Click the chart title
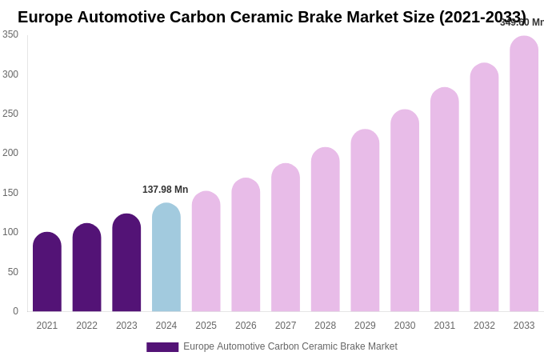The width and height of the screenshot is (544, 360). point(272,17)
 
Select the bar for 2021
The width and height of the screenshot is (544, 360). point(47,272)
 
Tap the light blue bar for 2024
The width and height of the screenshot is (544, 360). point(166,258)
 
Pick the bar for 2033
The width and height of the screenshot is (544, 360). point(524,174)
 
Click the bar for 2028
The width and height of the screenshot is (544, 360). point(326,230)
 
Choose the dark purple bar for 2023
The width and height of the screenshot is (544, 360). point(126,262)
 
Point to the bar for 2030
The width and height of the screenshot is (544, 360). point(405,211)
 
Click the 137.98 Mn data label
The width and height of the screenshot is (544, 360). point(166,190)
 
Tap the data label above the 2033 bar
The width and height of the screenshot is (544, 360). point(522,22)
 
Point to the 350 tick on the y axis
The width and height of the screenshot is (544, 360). point(10,34)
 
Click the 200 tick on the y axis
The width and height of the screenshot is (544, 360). point(10,153)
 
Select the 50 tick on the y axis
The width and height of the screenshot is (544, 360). point(13,272)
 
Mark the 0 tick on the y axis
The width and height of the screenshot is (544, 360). point(15,311)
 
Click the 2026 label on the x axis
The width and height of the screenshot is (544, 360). point(246,326)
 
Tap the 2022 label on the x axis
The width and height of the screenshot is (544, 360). point(86,326)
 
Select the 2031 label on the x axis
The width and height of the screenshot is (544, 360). point(444,326)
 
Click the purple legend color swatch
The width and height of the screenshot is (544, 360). point(162,347)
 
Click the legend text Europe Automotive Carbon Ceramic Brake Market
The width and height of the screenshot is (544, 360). point(290,346)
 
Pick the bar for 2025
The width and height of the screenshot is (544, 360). point(206,252)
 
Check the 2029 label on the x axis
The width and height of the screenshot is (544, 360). point(365,326)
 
